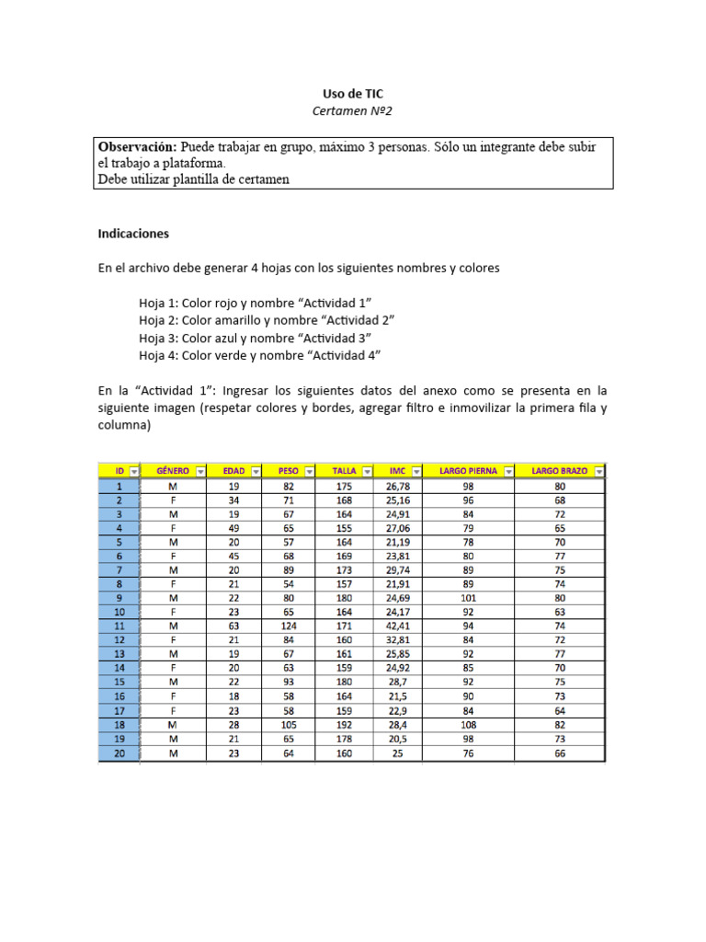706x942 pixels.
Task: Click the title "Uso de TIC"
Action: pyautogui.click(x=353, y=94)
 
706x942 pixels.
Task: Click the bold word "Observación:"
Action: pyautogui.click(x=137, y=147)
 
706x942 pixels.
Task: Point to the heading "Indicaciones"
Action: pyautogui.click(x=133, y=234)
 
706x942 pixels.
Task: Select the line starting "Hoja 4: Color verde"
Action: pyautogui.click(x=259, y=355)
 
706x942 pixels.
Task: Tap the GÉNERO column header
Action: pyautogui.click(x=174, y=471)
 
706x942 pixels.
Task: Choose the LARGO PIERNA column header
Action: pyautogui.click(x=468, y=471)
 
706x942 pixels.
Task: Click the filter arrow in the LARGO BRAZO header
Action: pyautogui.click(x=599, y=472)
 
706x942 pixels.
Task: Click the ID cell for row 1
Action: pyautogui.click(x=120, y=486)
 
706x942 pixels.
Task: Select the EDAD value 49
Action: pyautogui.click(x=233, y=528)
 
